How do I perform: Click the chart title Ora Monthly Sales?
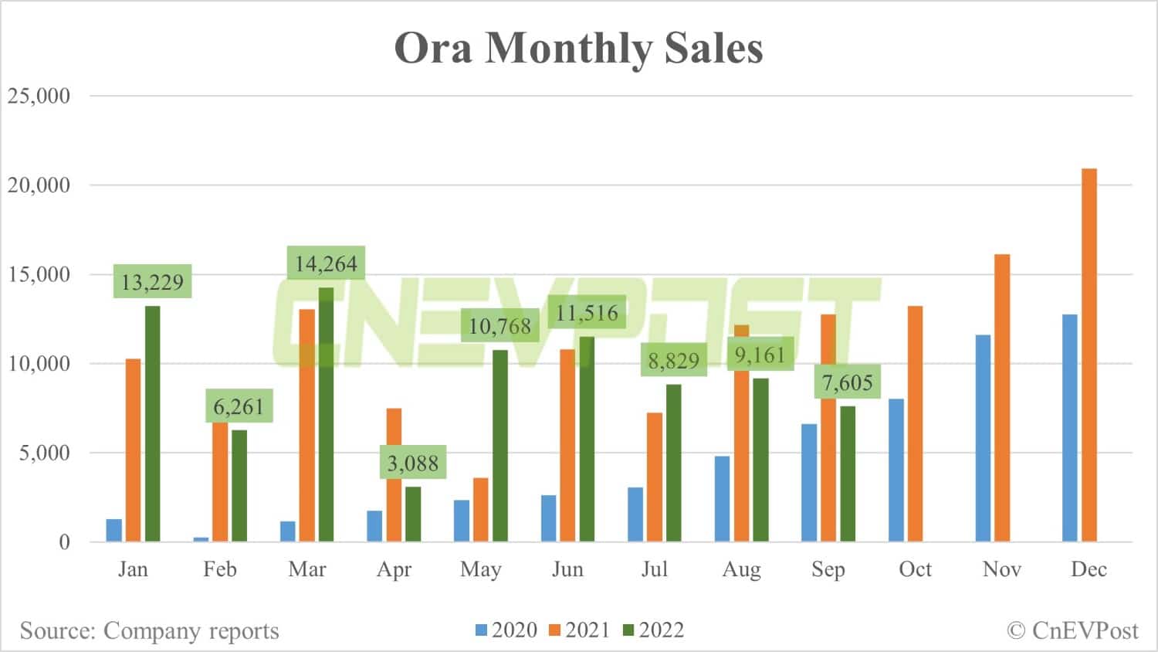click(x=578, y=48)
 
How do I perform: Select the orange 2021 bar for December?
click(x=1089, y=355)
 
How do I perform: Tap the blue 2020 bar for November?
click(x=983, y=438)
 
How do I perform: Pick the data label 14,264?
click(x=326, y=264)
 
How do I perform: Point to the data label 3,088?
click(x=412, y=464)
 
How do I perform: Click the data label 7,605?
click(x=847, y=382)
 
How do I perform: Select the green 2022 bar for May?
click(x=500, y=446)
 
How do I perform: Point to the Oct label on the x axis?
click(x=915, y=569)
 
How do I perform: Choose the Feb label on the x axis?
click(x=219, y=569)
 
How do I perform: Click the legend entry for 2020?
click(x=506, y=630)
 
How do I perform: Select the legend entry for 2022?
click(x=653, y=630)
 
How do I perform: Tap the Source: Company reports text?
click(x=149, y=630)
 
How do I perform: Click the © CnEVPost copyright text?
click(x=1072, y=630)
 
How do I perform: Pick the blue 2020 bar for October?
click(x=896, y=470)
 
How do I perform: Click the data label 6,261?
click(x=239, y=406)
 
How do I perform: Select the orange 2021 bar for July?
click(x=654, y=477)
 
